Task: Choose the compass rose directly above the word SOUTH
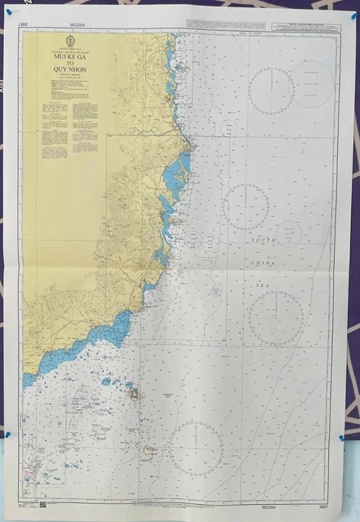click(x=246, y=206)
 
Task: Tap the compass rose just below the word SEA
click(x=275, y=317)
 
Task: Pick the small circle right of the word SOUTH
click(x=289, y=234)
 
